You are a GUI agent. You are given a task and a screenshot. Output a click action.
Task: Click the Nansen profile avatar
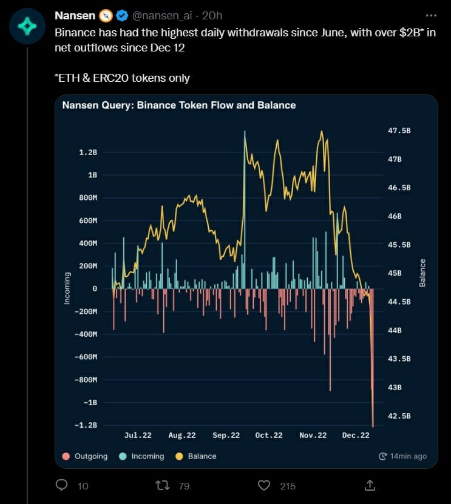pos(27,26)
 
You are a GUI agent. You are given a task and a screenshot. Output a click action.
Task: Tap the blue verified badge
pos(121,15)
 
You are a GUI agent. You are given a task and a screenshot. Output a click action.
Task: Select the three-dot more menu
pos(430,15)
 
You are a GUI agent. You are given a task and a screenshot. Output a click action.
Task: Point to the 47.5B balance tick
pos(399,131)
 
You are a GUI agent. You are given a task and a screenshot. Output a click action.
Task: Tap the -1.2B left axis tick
pos(86,425)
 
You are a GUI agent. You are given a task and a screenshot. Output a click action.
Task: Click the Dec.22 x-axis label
pos(356,435)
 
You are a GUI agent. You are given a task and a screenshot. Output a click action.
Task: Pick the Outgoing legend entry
pos(86,456)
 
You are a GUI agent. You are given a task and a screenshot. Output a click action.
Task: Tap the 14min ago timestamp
pos(402,456)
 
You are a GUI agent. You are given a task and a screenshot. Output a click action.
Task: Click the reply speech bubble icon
pos(61,485)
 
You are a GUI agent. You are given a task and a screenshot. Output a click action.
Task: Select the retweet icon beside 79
pos(162,485)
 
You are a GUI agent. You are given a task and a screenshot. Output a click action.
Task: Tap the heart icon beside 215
pos(263,485)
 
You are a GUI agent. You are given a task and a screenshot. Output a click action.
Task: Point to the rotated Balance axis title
pos(422,273)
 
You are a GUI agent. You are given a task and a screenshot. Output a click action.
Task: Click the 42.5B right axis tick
pos(399,416)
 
